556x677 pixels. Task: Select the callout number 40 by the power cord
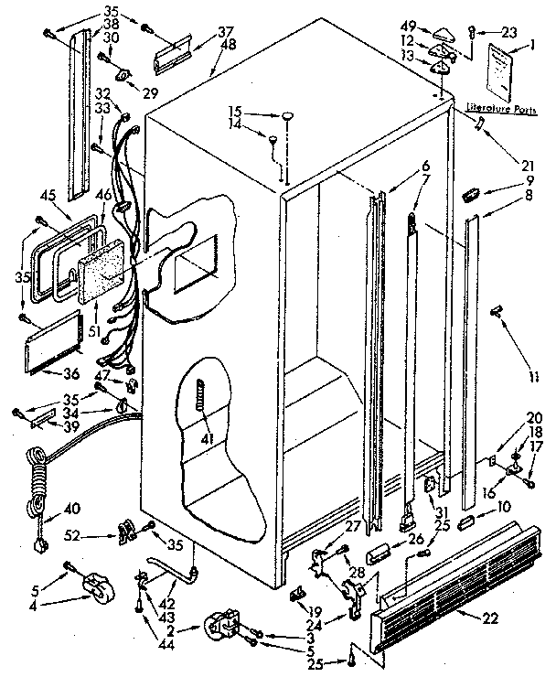click(71, 509)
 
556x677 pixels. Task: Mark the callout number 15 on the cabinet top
click(236, 113)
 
